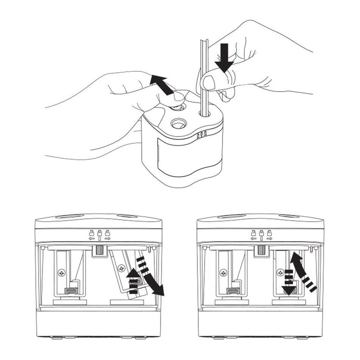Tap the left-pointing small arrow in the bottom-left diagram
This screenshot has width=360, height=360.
[x=91, y=239]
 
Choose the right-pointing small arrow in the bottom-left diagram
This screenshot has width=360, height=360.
[x=108, y=239]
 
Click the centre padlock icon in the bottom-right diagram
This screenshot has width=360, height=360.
[x=261, y=233]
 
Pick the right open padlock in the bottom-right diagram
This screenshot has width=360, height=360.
[x=269, y=233]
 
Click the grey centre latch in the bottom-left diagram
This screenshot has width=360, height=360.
[x=100, y=250]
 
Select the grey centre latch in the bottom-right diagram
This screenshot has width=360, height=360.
[x=261, y=250]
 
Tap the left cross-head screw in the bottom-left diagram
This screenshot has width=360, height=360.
[x=61, y=272]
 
